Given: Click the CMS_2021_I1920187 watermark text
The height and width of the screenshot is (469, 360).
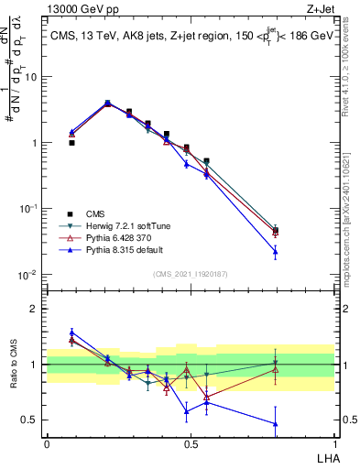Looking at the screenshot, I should coord(190,273).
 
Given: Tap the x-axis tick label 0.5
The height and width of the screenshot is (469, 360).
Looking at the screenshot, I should coord(191,442).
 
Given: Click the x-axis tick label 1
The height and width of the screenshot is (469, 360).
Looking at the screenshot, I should coord(334,442).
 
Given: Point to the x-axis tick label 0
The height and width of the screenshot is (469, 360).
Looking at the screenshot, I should coord(47,442).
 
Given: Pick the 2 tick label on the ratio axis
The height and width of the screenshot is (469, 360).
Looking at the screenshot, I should coord(38,309).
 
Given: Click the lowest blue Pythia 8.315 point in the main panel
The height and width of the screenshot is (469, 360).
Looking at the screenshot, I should coord(300,251).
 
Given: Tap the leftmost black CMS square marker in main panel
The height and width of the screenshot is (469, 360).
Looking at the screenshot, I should coord(71,143).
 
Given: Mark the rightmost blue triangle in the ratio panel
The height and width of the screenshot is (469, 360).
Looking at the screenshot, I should coord(300,423).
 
